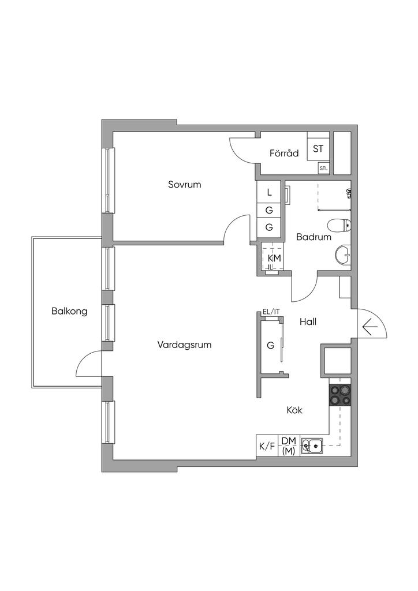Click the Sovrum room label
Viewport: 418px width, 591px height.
[184, 185]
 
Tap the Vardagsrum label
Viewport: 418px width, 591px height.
[184, 345]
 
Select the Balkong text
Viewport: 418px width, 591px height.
[69, 312]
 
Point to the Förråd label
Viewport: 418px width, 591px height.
[284, 154]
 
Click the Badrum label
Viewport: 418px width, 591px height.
[313, 237]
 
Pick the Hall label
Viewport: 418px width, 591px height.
[308, 323]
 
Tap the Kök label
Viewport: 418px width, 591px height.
[294, 410]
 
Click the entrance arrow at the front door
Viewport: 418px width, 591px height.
[370, 327]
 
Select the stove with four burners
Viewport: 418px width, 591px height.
[340, 394]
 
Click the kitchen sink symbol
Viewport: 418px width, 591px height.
[311, 446]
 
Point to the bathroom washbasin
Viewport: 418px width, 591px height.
[342, 255]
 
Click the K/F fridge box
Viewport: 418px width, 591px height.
[267, 446]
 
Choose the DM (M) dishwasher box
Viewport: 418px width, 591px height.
[289, 446]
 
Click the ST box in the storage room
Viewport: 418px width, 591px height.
[318, 149]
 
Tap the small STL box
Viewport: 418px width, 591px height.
[323, 169]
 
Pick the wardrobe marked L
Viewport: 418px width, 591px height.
[269, 192]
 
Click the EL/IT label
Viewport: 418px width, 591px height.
[271, 312]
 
